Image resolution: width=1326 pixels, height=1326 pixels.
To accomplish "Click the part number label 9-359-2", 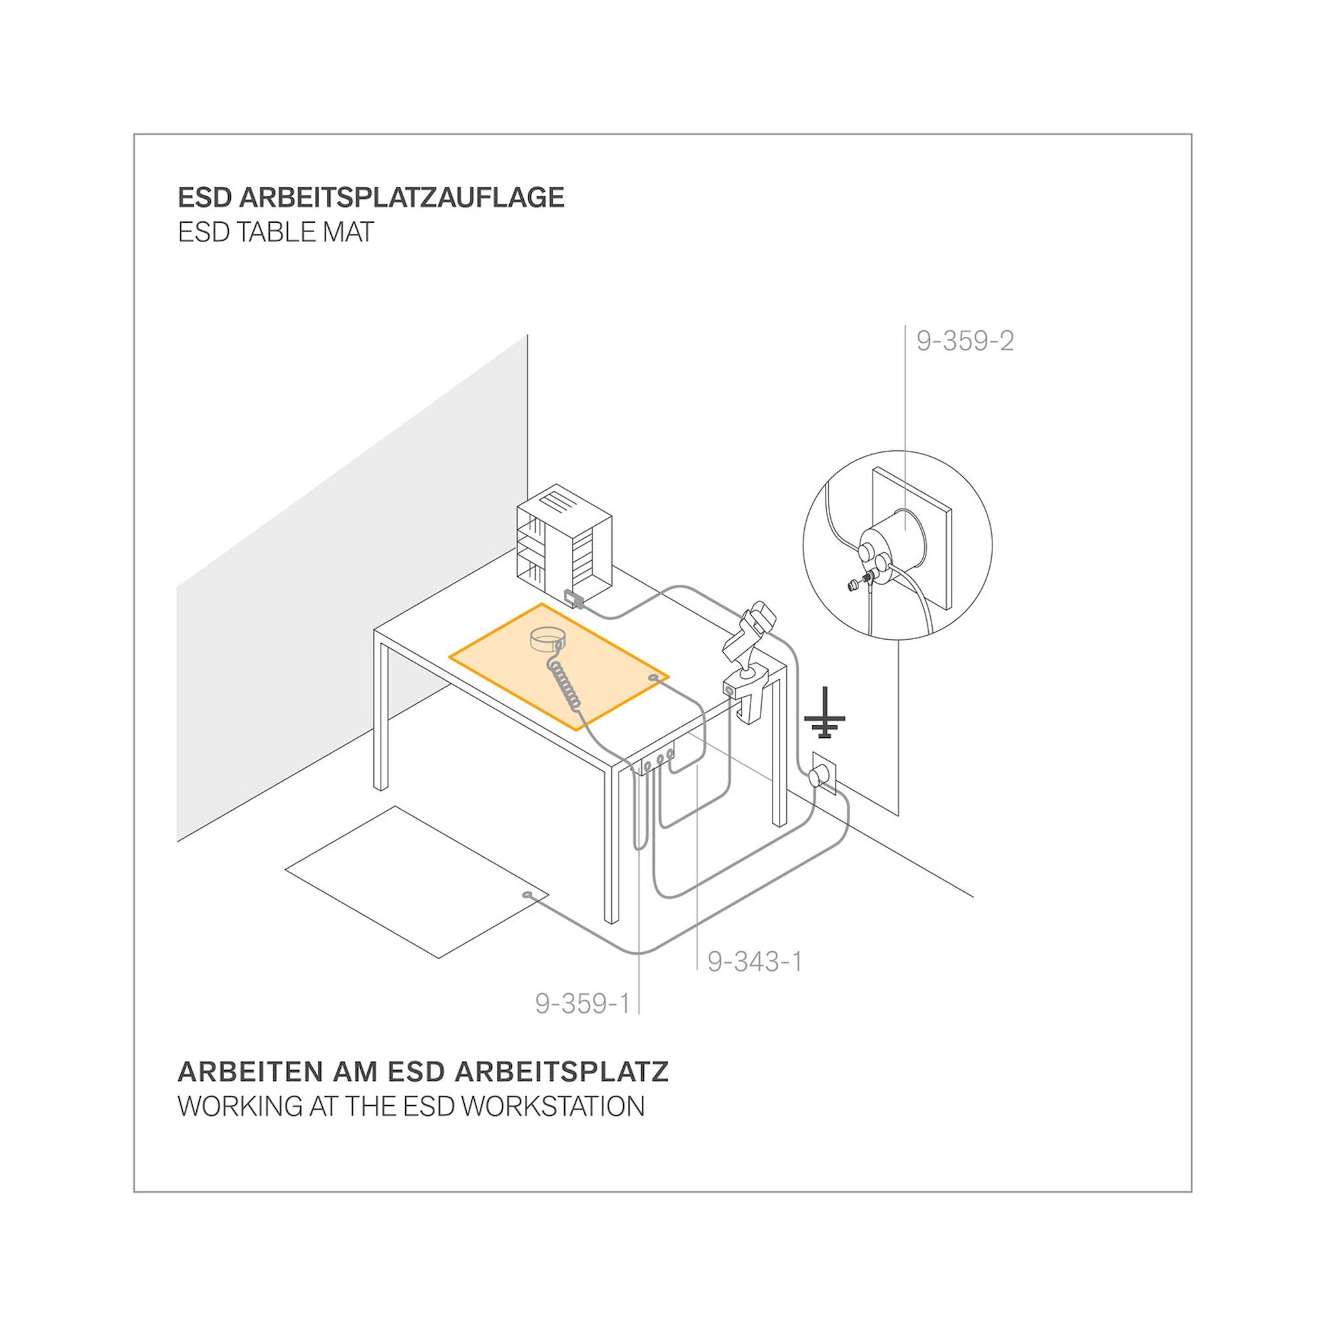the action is tap(965, 341).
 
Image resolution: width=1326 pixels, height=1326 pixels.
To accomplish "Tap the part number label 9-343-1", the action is tap(755, 961).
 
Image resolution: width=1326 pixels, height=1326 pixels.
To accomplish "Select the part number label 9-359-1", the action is tap(583, 1003).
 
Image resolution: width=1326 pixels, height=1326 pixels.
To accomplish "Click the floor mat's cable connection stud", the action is tap(527, 894).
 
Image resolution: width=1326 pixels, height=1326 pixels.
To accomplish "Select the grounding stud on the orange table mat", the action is tap(652, 679).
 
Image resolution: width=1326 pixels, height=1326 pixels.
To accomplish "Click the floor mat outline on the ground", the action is tap(416, 882).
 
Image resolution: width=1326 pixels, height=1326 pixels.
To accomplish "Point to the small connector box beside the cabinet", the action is tap(573, 599).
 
